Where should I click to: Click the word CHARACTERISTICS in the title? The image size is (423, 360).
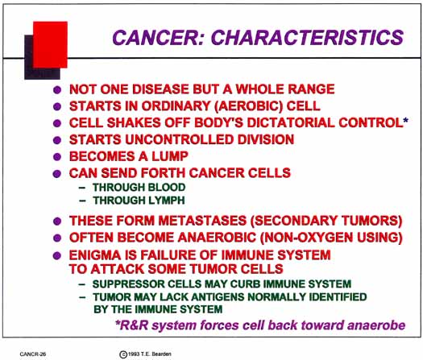(x=307, y=37)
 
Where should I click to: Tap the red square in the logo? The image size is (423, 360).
(x=50, y=44)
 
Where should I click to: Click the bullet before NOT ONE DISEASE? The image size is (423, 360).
(x=57, y=89)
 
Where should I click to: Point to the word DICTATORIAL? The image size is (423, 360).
(x=291, y=122)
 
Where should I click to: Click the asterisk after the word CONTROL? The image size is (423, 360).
(x=405, y=121)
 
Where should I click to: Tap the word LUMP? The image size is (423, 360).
(x=170, y=156)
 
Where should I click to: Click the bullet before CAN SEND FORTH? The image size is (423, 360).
(x=57, y=174)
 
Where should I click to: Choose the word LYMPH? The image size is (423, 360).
(x=166, y=201)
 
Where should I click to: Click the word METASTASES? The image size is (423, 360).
(x=202, y=221)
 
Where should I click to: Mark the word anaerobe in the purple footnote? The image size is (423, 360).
(x=376, y=325)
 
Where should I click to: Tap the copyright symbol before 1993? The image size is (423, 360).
(x=123, y=354)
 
